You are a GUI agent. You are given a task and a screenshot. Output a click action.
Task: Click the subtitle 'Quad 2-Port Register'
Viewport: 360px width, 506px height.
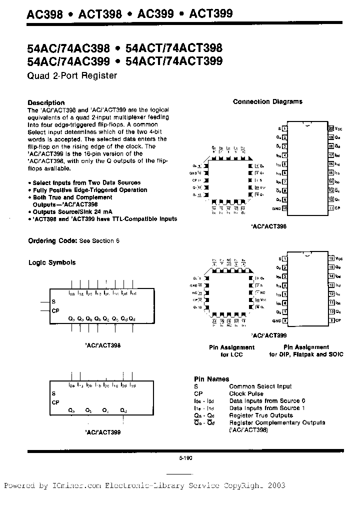coord(72,76)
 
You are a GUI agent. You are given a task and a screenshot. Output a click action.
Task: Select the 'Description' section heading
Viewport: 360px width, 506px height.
coord(46,102)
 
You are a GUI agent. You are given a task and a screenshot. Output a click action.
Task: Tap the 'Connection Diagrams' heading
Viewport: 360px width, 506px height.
coord(267,101)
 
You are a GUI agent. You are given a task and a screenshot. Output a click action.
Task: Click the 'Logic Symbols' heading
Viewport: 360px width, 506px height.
coord(52,262)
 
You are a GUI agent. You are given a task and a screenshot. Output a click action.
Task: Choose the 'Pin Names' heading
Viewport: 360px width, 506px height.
coord(211,379)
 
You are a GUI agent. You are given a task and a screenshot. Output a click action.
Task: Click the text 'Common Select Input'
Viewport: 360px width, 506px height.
coord(260,386)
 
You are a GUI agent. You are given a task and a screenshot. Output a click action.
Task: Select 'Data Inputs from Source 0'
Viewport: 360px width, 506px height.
coord(267,400)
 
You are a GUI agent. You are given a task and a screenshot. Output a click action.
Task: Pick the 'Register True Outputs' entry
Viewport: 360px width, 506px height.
coord(261,415)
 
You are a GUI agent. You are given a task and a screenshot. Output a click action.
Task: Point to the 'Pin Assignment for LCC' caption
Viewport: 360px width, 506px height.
coord(231,350)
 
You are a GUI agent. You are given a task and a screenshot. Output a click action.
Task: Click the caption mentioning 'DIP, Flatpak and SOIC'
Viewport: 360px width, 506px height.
coord(306,354)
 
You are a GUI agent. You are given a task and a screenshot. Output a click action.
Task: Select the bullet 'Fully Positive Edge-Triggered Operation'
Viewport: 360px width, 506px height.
coord(89,190)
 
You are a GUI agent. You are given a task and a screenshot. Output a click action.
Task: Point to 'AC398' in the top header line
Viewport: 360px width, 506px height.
coord(44,14)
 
